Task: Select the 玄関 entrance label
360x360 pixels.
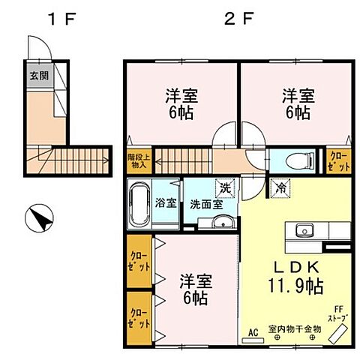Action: pos(39,75)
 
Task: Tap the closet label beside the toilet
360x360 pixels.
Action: pos(336,160)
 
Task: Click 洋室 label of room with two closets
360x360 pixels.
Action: pos(196,289)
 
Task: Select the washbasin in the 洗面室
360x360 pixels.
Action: pos(220,223)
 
